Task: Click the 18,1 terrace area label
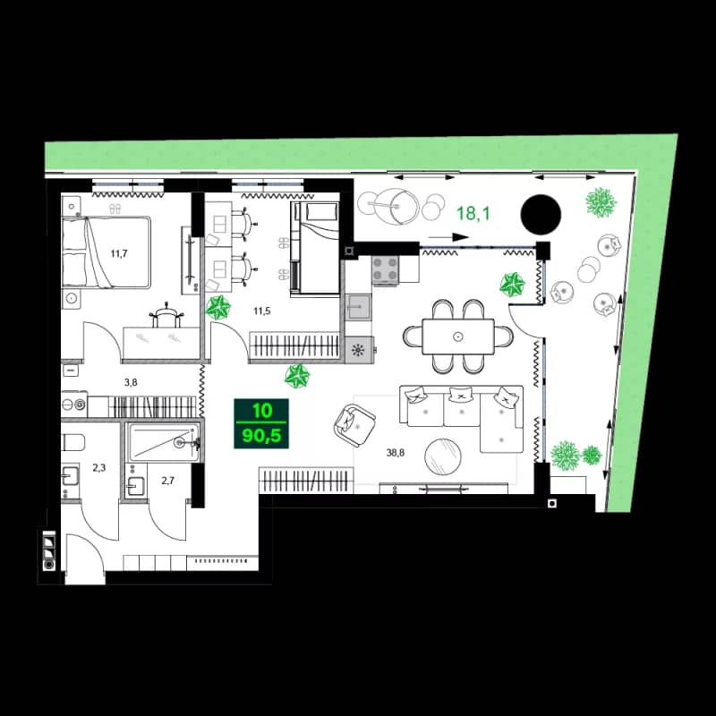[x=473, y=213]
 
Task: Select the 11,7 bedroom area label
[x=119, y=253]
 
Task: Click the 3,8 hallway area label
[x=131, y=382]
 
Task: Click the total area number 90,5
[x=260, y=438]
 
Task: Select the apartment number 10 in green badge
[x=260, y=411]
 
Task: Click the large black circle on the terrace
[x=541, y=213]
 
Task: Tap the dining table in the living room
[x=458, y=337]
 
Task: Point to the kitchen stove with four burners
[x=386, y=269]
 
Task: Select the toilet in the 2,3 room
[x=75, y=442]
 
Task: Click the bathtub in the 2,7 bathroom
[x=164, y=442]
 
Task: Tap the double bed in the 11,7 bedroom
[x=106, y=252]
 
